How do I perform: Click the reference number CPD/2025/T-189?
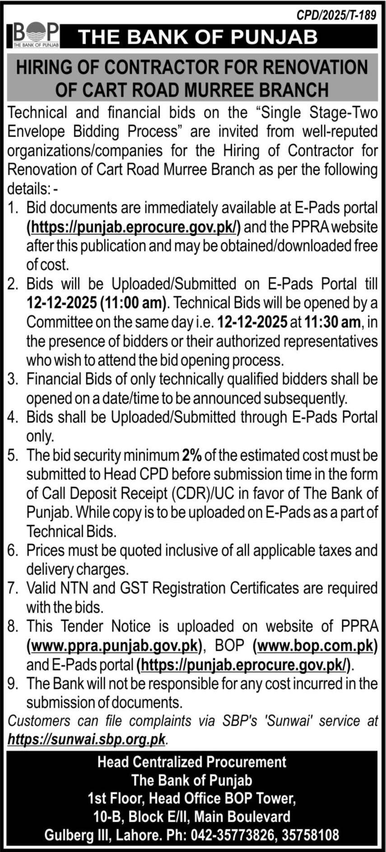(x=336, y=15)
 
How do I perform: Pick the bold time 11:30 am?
(x=333, y=322)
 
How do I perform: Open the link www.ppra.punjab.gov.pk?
(x=114, y=646)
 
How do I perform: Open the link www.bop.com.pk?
(x=315, y=646)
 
